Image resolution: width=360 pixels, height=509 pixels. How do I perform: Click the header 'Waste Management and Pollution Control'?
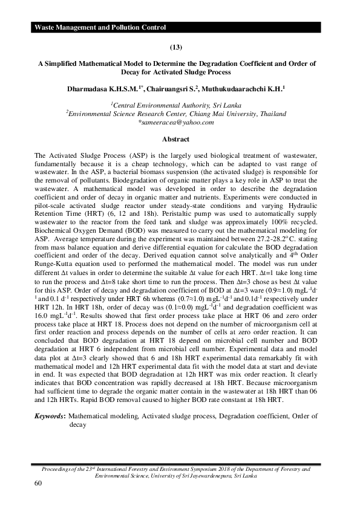coord(100,28)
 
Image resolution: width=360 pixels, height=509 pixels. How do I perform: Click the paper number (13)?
coord(180,46)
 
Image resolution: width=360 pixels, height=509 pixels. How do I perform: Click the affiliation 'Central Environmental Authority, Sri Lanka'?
coord(180,104)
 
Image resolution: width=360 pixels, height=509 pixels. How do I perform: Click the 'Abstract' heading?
coord(180,139)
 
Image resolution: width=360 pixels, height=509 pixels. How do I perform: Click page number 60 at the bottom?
coord(39,484)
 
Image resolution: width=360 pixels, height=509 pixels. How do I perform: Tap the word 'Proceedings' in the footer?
coord(57,468)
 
